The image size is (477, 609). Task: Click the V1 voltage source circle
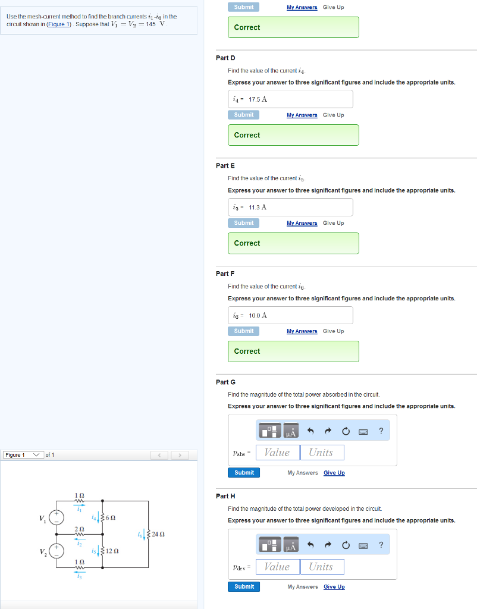(x=58, y=517)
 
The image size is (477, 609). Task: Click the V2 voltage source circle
(x=58, y=551)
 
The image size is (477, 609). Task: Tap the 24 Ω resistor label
(x=158, y=534)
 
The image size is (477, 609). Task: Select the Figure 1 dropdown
(x=23, y=455)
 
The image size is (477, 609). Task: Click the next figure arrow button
(x=180, y=456)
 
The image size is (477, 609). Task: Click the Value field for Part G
(x=277, y=453)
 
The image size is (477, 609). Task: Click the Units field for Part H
(x=322, y=567)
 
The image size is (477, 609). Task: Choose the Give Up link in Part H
(x=334, y=587)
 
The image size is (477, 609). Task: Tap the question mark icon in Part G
(x=381, y=431)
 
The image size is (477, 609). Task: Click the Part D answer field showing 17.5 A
(x=290, y=99)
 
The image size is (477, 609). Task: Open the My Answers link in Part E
(x=302, y=223)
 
